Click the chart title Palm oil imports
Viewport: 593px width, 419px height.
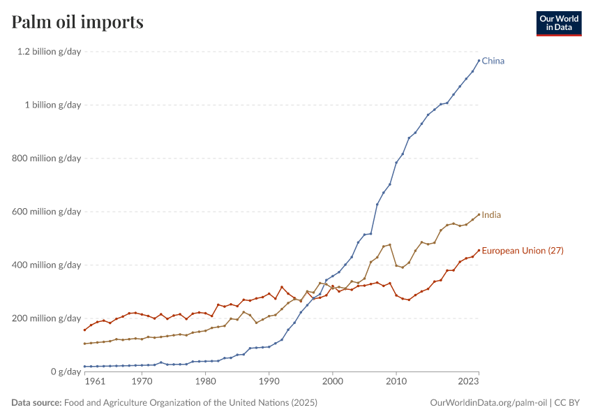(x=77, y=22)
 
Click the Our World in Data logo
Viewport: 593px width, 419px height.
(x=558, y=23)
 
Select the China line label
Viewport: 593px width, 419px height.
(x=493, y=61)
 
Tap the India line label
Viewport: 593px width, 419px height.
(x=492, y=215)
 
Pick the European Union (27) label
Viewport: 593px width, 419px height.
(x=523, y=250)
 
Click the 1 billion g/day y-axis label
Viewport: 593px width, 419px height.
(x=52, y=105)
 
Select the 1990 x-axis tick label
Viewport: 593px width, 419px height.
(x=269, y=383)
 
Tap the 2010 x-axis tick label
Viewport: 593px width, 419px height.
(x=396, y=383)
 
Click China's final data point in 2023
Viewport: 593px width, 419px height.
(x=479, y=60)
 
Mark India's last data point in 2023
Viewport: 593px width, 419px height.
(x=479, y=214)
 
